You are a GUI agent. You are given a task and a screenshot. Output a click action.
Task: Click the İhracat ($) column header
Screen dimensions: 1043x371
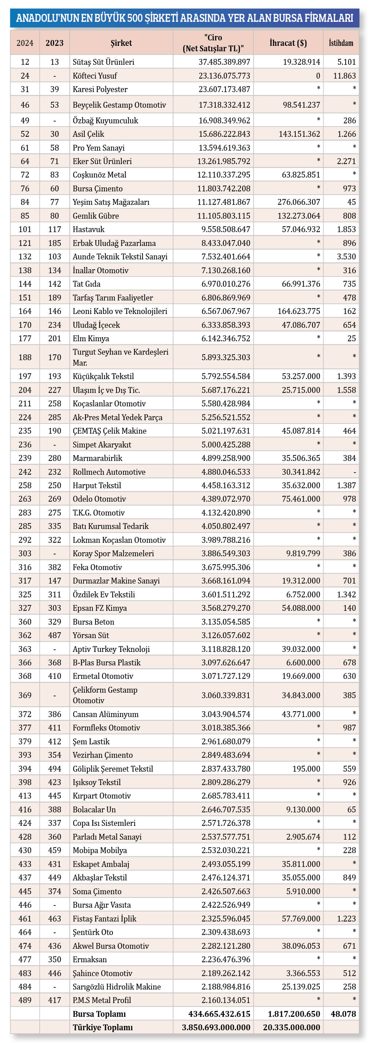[x=288, y=43]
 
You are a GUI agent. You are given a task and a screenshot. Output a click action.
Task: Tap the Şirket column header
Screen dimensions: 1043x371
[x=121, y=43]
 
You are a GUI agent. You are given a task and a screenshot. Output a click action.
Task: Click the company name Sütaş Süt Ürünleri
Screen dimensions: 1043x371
[x=103, y=62]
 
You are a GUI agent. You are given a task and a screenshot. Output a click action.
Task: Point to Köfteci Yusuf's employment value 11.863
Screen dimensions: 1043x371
[x=344, y=76]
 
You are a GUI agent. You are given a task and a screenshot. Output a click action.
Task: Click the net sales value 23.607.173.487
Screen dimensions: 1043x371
[x=224, y=89]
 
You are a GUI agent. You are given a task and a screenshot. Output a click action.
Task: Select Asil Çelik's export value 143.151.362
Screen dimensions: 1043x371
[x=299, y=134]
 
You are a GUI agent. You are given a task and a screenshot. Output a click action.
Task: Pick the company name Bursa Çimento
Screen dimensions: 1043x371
[x=97, y=189]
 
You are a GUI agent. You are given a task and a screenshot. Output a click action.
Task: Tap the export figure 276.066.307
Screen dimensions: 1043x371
[x=299, y=202]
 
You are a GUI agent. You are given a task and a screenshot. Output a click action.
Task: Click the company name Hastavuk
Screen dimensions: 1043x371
[x=88, y=229]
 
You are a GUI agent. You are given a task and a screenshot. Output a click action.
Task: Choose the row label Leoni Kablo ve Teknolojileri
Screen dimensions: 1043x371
[x=120, y=311]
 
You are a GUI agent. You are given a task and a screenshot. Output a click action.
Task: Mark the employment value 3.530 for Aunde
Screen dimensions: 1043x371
[x=346, y=257]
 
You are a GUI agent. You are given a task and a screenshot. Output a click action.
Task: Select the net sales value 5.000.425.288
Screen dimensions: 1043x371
[x=226, y=445]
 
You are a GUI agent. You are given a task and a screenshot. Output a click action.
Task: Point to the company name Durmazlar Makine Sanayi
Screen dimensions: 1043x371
[x=116, y=581]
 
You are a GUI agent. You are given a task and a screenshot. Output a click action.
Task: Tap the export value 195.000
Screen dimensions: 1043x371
[x=306, y=768]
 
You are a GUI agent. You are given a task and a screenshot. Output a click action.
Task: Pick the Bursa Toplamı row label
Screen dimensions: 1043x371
[x=99, y=1014]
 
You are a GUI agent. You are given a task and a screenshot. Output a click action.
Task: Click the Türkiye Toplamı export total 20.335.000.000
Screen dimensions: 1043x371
[x=291, y=1027]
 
